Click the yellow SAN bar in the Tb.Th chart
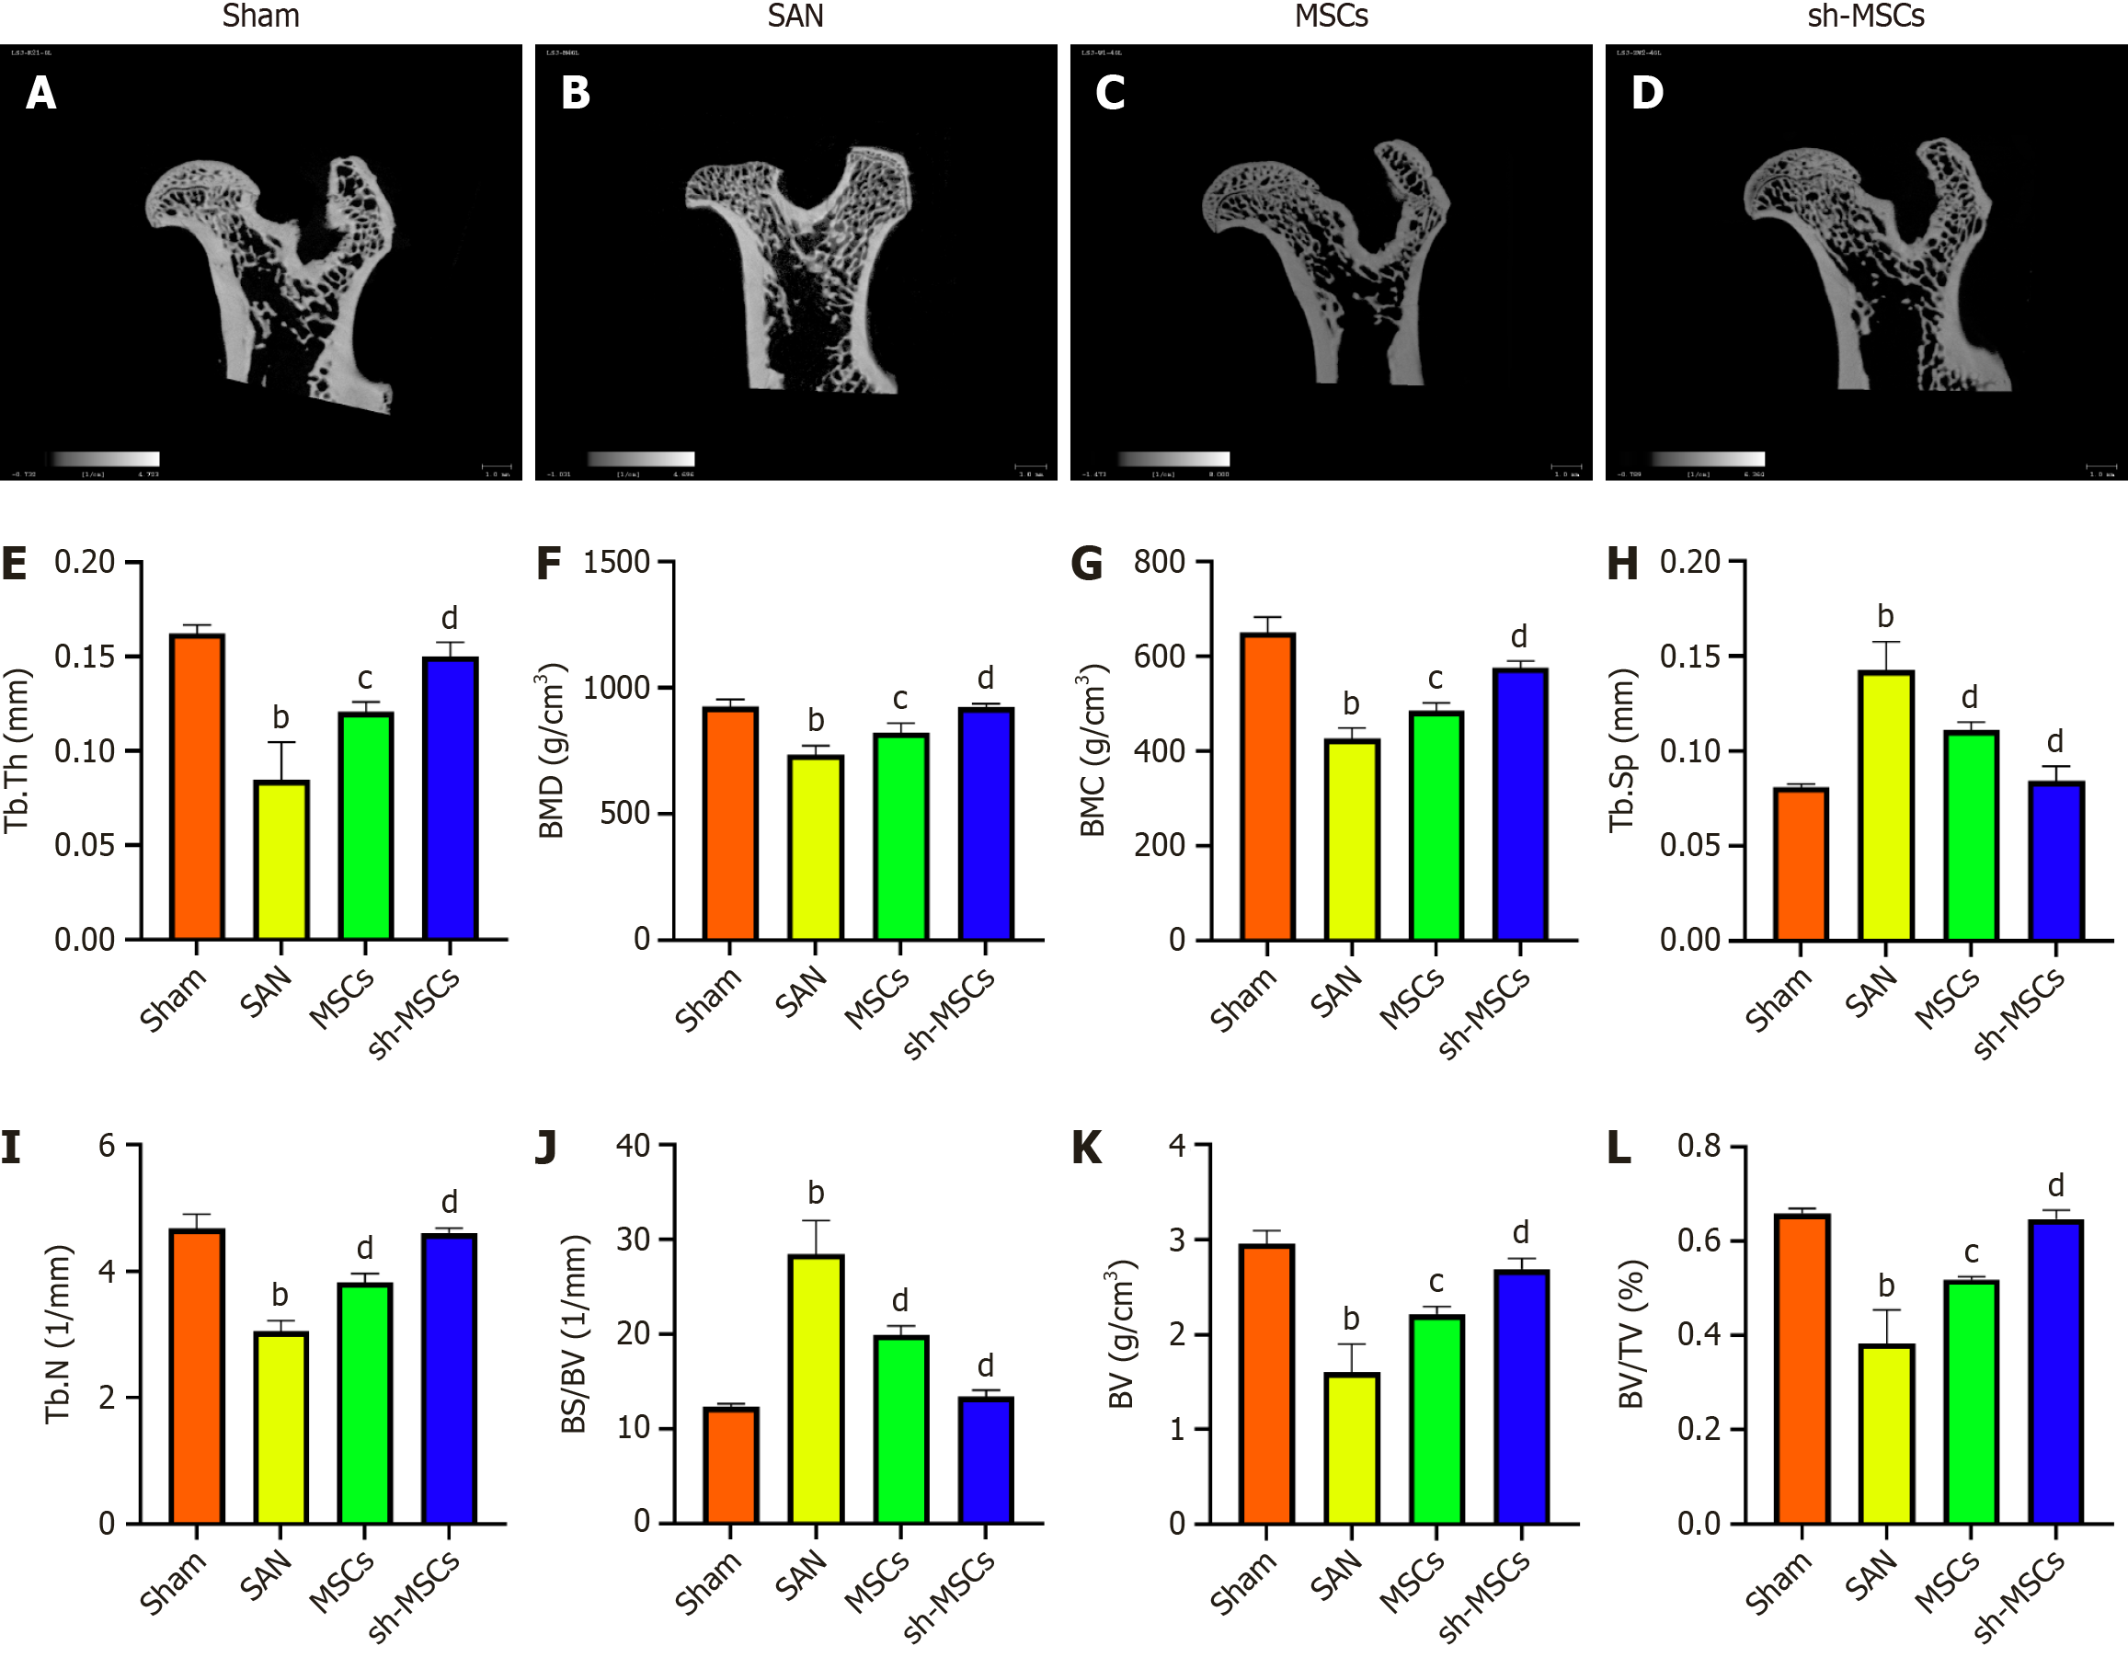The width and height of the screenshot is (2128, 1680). pyautogui.click(x=281, y=860)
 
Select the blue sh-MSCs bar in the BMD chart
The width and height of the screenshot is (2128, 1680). pyautogui.click(x=986, y=824)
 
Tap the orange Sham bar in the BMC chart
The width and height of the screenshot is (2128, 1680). pyautogui.click(x=1267, y=787)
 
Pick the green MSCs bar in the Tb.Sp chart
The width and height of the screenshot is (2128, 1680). pyautogui.click(x=1971, y=835)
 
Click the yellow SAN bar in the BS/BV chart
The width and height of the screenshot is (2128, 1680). pyautogui.click(x=816, y=1389)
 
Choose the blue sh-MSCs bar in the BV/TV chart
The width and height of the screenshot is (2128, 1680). pyautogui.click(x=2055, y=1371)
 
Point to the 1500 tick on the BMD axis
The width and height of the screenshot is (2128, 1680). pyautogui.click(x=617, y=563)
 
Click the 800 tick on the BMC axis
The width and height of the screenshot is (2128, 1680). pyautogui.click(x=1159, y=563)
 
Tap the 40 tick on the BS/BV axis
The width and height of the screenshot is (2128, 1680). pyautogui.click(x=633, y=1145)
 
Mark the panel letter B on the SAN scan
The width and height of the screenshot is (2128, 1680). pyautogui.click(x=576, y=94)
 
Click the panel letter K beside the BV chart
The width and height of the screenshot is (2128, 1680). pyautogui.click(x=1086, y=1148)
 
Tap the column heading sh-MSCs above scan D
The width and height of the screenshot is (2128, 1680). pyautogui.click(x=1865, y=16)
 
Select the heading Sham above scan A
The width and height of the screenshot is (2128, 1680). pyautogui.click(x=260, y=16)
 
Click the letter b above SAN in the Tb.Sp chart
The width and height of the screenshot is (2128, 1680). pyautogui.click(x=1885, y=617)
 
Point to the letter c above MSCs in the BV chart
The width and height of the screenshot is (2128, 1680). pyautogui.click(x=1436, y=1282)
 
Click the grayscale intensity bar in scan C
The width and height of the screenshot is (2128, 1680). pyautogui.click(x=1173, y=458)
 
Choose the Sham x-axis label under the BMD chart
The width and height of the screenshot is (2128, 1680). pyautogui.click(x=708, y=999)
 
